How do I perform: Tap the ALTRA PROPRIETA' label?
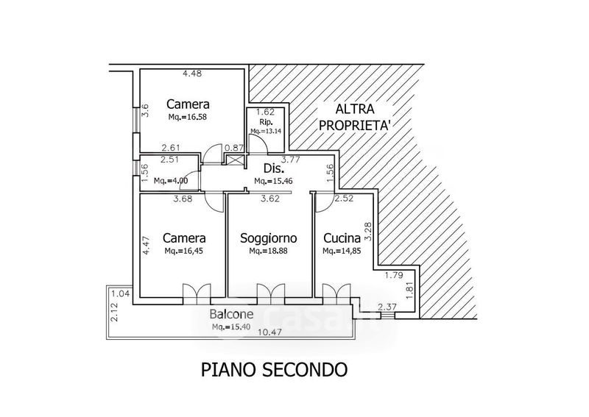[x=353, y=117]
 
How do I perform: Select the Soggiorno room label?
[x=268, y=238]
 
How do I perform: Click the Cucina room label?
[x=341, y=238]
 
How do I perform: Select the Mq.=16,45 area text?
[x=184, y=251]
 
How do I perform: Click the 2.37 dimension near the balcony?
[x=386, y=307]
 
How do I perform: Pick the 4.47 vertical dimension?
[x=145, y=244]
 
